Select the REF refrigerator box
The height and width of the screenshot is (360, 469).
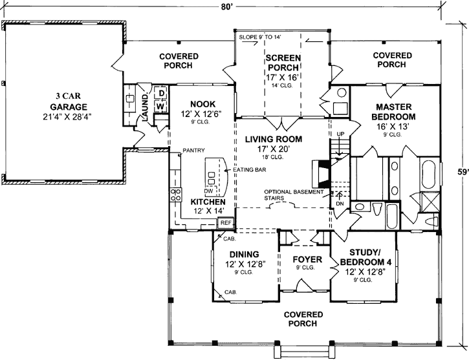click(x=226, y=223)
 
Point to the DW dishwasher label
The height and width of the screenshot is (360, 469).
click(x=208, y=192)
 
